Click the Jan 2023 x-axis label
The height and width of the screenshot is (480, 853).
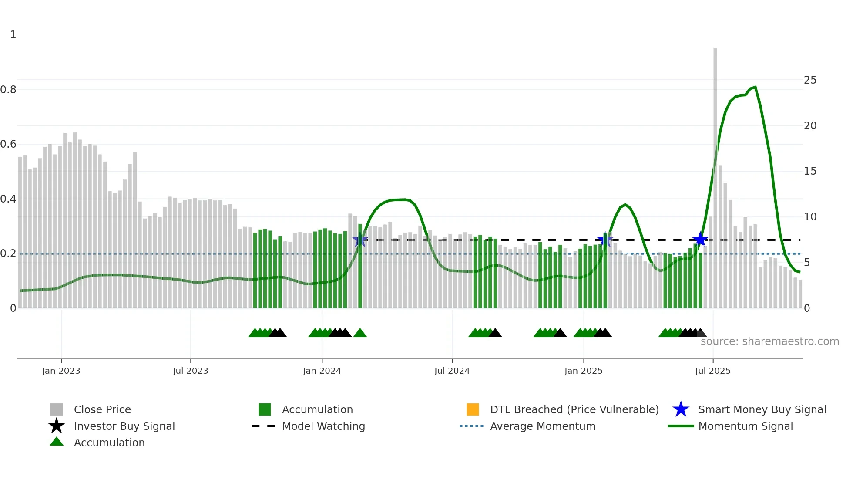61,371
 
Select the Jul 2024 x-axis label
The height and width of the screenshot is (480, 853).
452,371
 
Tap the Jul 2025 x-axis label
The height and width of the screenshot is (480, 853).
712,371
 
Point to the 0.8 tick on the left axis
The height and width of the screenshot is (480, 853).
8,90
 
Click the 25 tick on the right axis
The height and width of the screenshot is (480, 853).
810,80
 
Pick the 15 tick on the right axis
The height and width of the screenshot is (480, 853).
810,171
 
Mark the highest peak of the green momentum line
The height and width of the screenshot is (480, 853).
755,88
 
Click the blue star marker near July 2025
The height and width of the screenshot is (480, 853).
700,239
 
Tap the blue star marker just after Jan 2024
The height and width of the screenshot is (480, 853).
360,240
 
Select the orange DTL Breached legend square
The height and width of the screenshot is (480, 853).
473,409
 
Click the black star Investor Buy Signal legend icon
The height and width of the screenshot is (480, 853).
57,426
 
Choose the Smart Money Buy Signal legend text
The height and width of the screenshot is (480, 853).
762,409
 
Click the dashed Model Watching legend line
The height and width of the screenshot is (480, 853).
264,426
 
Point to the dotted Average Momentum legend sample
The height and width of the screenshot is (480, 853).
472,426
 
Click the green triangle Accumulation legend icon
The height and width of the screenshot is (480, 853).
57,442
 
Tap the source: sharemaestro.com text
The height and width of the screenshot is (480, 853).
769,341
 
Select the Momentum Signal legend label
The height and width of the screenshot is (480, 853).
745,426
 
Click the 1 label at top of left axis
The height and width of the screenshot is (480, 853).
13,35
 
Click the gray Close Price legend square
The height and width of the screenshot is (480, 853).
57,409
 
